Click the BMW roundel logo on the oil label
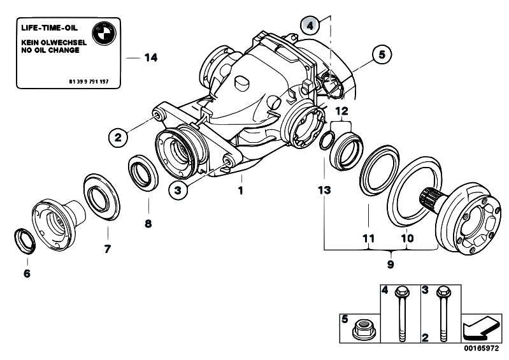pyautogui.click(x=104, y=34)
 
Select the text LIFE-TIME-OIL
pyautogui.click(x=49, y=28)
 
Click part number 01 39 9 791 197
pyautogui.click(x=89, y=82)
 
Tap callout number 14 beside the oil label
pyautogui.click(x=150, y=58)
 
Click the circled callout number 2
pyautogui.click(x=118, y=137)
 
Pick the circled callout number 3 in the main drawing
pyautogui.click(x=178, y=191)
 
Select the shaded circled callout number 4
pyautogui.click(x=310, y=25)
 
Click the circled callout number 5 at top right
pyautogui.click(x=382, y=54)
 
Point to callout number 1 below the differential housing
pyautogui.click(x=240, y=191)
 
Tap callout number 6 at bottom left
pyautogui.click(x=27, y=273)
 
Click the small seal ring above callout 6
pyautogui.click(x=25, y=241)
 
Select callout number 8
pyautogui.click(x=148, y=224)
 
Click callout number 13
pyautogui.click(x=324, y=191)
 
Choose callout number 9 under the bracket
pyautogui.click(x=391, y=264)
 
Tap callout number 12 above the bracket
pyautogui.click(x=341, y=112)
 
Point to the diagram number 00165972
pyautogui.click(x=481, y=349)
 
